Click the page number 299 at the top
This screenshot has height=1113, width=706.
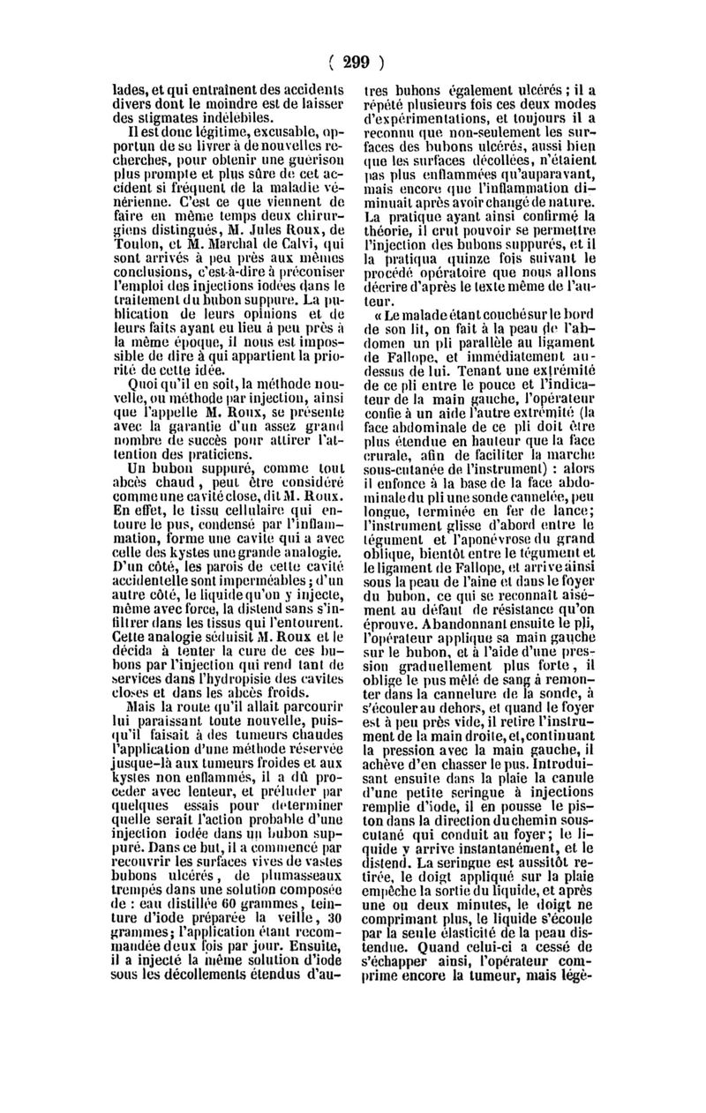pyautogui.click(x=354, y=62)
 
